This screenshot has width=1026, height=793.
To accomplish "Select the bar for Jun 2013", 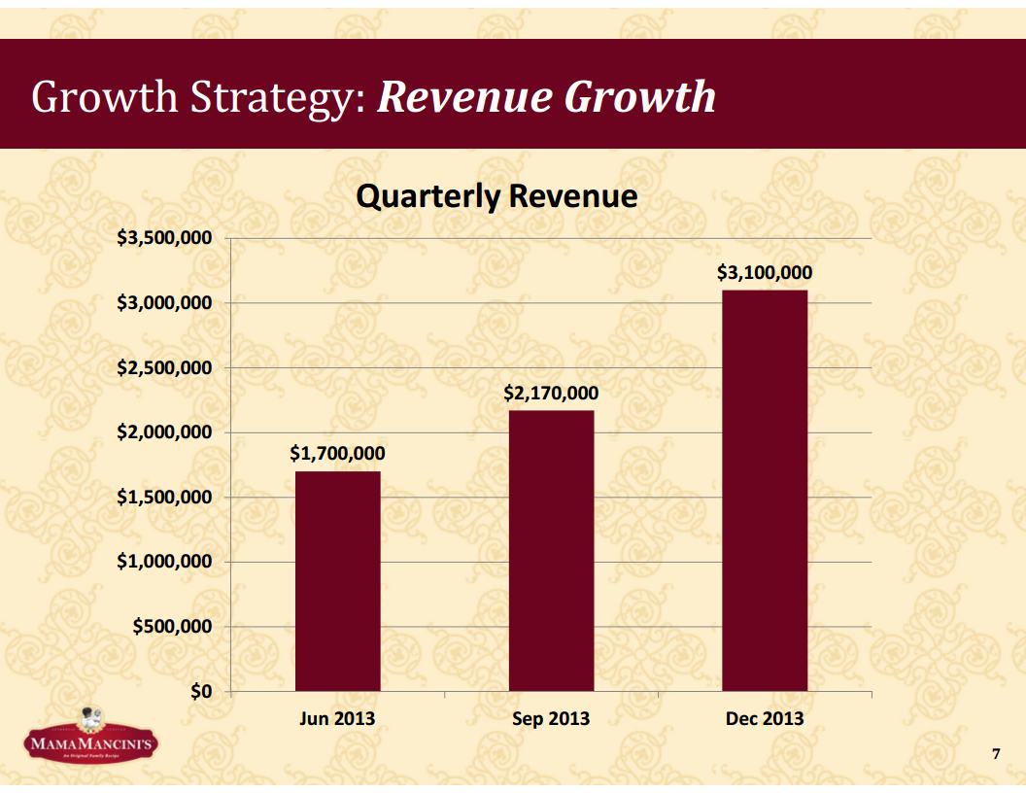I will [337, 581].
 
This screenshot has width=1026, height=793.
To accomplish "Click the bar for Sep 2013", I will [551, 550].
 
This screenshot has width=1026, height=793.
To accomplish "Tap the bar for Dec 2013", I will [765, 491].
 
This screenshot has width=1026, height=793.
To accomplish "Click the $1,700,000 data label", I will [337, 453].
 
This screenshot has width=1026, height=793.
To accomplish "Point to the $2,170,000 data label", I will [551, 393].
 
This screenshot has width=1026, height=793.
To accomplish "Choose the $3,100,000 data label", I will [765, 273].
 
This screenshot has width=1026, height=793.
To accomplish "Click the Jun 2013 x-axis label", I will [337, 718].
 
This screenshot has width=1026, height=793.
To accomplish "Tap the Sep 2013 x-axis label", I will [551, 718].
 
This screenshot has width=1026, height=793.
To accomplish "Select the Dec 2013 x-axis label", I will [765, 718].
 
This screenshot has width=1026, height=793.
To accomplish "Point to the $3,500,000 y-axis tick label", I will [165, 238].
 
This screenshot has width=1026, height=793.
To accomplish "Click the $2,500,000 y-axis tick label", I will [165, 368].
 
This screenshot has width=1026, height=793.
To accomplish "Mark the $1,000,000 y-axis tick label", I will [165, 562].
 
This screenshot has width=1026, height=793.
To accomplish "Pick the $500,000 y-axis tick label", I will [173, 627].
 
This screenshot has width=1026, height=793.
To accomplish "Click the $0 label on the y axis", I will [201, 691].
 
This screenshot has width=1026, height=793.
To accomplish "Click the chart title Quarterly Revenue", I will [496, 197].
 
